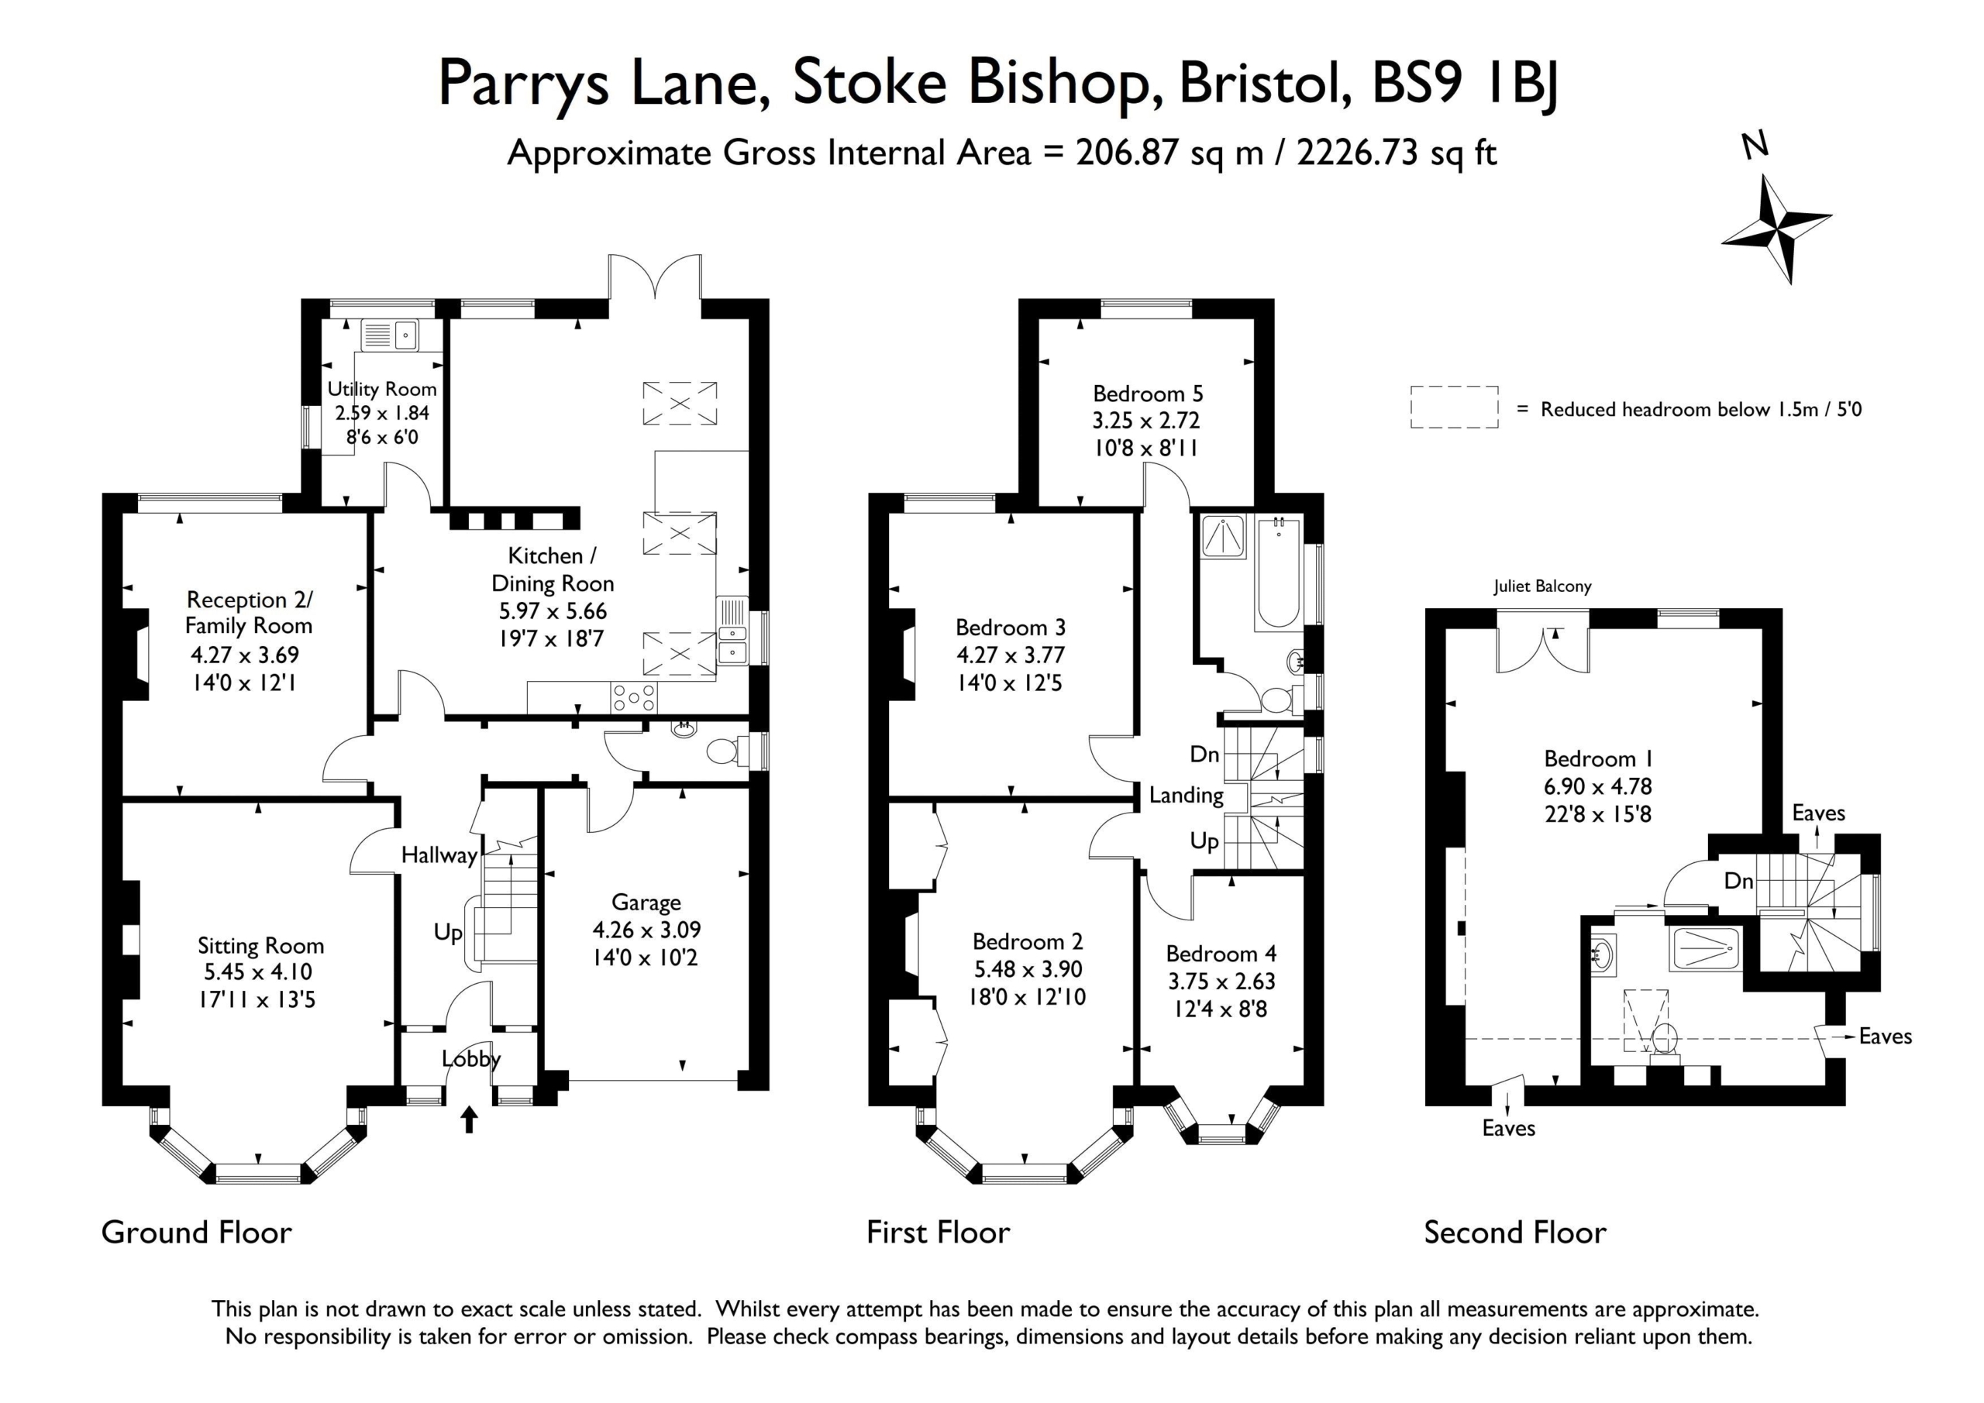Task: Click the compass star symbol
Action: (x=1776, y=229)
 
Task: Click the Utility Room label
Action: (x=382, y=389)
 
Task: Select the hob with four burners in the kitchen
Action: (x=633, y=697)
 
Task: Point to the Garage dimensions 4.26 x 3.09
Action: (x=646, y=930)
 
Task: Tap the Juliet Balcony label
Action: (x=1542, y=586)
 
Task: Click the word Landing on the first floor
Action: (x=1186, y=796)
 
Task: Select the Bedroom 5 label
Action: (x=1148, y=394)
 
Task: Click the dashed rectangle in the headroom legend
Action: (x=1455, y=407)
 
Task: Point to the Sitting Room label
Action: (x=260, y=946)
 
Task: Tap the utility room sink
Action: (x=390, y=335)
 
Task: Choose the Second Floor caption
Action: (x=1515, y=1232)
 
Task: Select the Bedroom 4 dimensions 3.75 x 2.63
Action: (x=1220, y=982)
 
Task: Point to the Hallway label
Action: (x=439, y=856)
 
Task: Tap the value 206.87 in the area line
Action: (x=1127, y=153)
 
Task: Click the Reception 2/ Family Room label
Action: (x=249, y=613)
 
